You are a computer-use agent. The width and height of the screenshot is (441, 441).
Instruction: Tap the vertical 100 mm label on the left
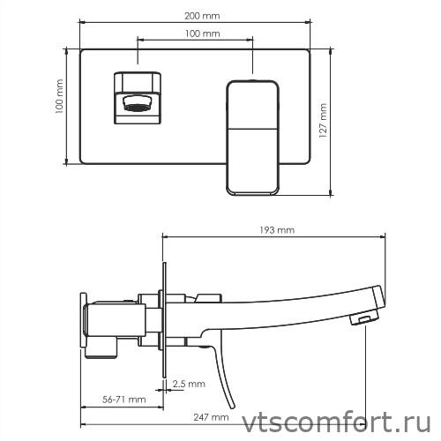[x=59, y=106]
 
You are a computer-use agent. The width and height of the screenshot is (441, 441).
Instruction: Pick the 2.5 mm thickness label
[x=189, y=384]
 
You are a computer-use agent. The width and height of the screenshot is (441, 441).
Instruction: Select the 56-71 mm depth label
[x=123, y=400]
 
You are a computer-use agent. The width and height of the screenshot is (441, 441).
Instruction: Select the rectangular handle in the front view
[x=253, y=137]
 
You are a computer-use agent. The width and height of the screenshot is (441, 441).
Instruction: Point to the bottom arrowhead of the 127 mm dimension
[x=332, y=193]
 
